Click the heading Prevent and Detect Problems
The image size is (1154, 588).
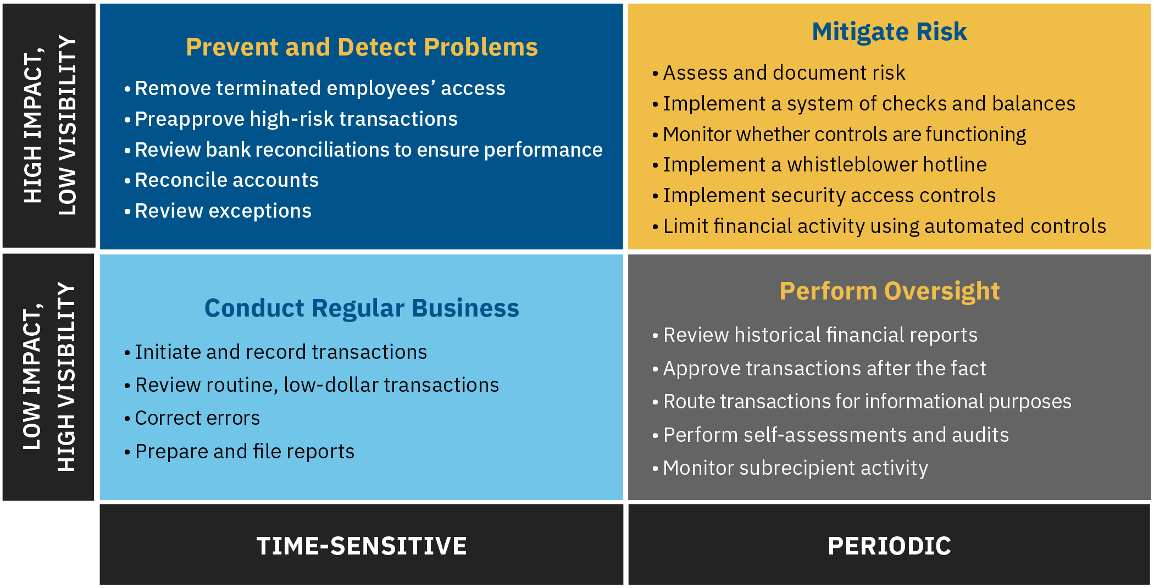pyautogui.click(x=362, y=47)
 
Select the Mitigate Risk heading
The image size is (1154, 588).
pyautogui.click(x=889, y=32)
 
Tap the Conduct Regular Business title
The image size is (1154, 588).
pyautogui.click(x=362, y=308)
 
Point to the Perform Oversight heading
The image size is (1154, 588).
pyautogui.click(x=889, y=291)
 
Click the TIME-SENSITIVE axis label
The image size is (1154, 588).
pyautogui.click(x=362, y=546)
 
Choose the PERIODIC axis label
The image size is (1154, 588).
pyautogui.click(x=889, y=546)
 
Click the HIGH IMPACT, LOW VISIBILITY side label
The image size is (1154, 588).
pyautogui.click(x=49, y=126)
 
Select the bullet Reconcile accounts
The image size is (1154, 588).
pyautogui.click(x=226, y=180)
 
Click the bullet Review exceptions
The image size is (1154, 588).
pyautogui.click(x=223, y=211)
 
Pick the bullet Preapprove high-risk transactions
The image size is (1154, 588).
pyautogui.click(x=296, y=119)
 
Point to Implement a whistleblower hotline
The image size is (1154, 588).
pyautogui.click(x=824, y=165)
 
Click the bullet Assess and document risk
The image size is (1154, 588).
pyautogui.click(x=784, y=73)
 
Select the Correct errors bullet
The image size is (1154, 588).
pyautogui.click(x=197, y=418)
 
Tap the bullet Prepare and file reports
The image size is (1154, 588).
pyautogui.click(x=245, y=452)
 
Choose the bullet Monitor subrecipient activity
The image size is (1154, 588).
pyautogui.click(x=795, y=468)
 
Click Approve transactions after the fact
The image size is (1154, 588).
pyautogui.click(x=824, y=369)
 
